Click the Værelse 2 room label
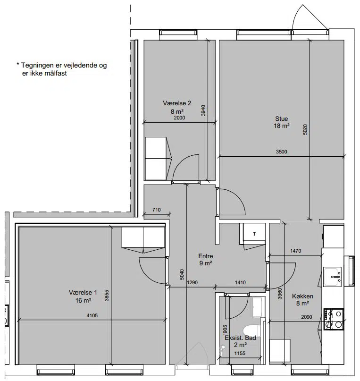[177, 103]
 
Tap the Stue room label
[282, 119]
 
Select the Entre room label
[206, 256]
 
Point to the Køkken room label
[302, 296]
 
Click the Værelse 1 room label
[83, 293]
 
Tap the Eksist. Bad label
[240, 338]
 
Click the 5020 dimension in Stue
[305, 129]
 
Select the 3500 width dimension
[281, 152]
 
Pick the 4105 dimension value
[92, 316]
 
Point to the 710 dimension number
[157, 210]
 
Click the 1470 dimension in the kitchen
[296, 251]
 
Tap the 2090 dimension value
[307, 317]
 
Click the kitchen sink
[333, 277]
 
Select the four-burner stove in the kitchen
[334, 319]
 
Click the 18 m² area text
[282, 126]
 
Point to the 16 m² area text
[83, 301]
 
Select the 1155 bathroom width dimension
[240, 354]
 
